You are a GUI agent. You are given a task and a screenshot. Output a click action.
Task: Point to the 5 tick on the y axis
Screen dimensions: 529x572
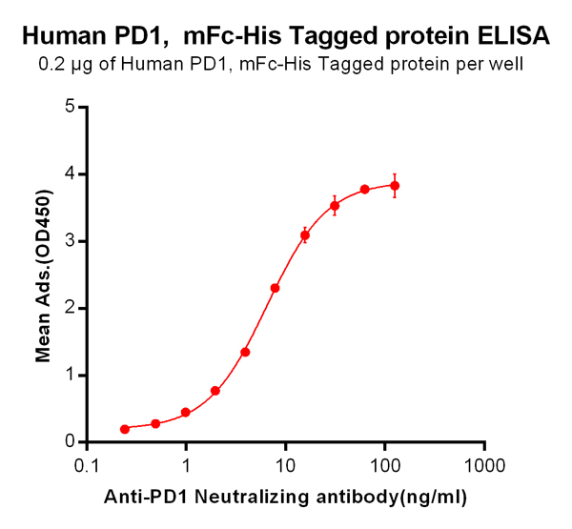pos(70,107)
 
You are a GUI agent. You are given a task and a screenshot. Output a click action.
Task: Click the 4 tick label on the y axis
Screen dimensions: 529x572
pos(70,173)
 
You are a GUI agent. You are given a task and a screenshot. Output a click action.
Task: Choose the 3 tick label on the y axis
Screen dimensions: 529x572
pos(70,240)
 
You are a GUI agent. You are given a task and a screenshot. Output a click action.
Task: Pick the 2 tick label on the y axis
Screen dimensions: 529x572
pos(70,308)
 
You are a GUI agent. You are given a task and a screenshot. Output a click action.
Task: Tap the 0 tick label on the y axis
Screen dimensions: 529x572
pos(70,441)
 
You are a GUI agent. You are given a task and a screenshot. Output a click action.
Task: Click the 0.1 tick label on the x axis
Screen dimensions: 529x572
pos(87,466)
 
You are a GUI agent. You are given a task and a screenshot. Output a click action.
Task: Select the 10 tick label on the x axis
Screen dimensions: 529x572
pos(285,466)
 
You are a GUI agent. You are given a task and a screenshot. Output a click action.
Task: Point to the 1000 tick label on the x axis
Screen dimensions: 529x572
pos(484,466)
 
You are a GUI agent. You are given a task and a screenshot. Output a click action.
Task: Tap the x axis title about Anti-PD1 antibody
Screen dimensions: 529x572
pos(285,498)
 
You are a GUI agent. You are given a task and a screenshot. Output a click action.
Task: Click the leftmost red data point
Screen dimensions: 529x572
pos(125,429)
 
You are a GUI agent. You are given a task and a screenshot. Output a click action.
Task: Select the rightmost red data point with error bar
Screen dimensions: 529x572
pos(395,185)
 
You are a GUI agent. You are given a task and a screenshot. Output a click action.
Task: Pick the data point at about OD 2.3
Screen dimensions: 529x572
pos(275,288)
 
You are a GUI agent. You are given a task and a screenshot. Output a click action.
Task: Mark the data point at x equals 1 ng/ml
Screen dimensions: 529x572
pos(186,413)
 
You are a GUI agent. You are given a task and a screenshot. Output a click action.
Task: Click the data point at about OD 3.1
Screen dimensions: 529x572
pos(305,234)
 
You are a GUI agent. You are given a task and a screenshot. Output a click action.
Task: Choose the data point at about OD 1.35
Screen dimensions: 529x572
pos(245,352)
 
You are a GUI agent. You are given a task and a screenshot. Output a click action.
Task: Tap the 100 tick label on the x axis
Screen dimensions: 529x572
pos(384,466)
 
